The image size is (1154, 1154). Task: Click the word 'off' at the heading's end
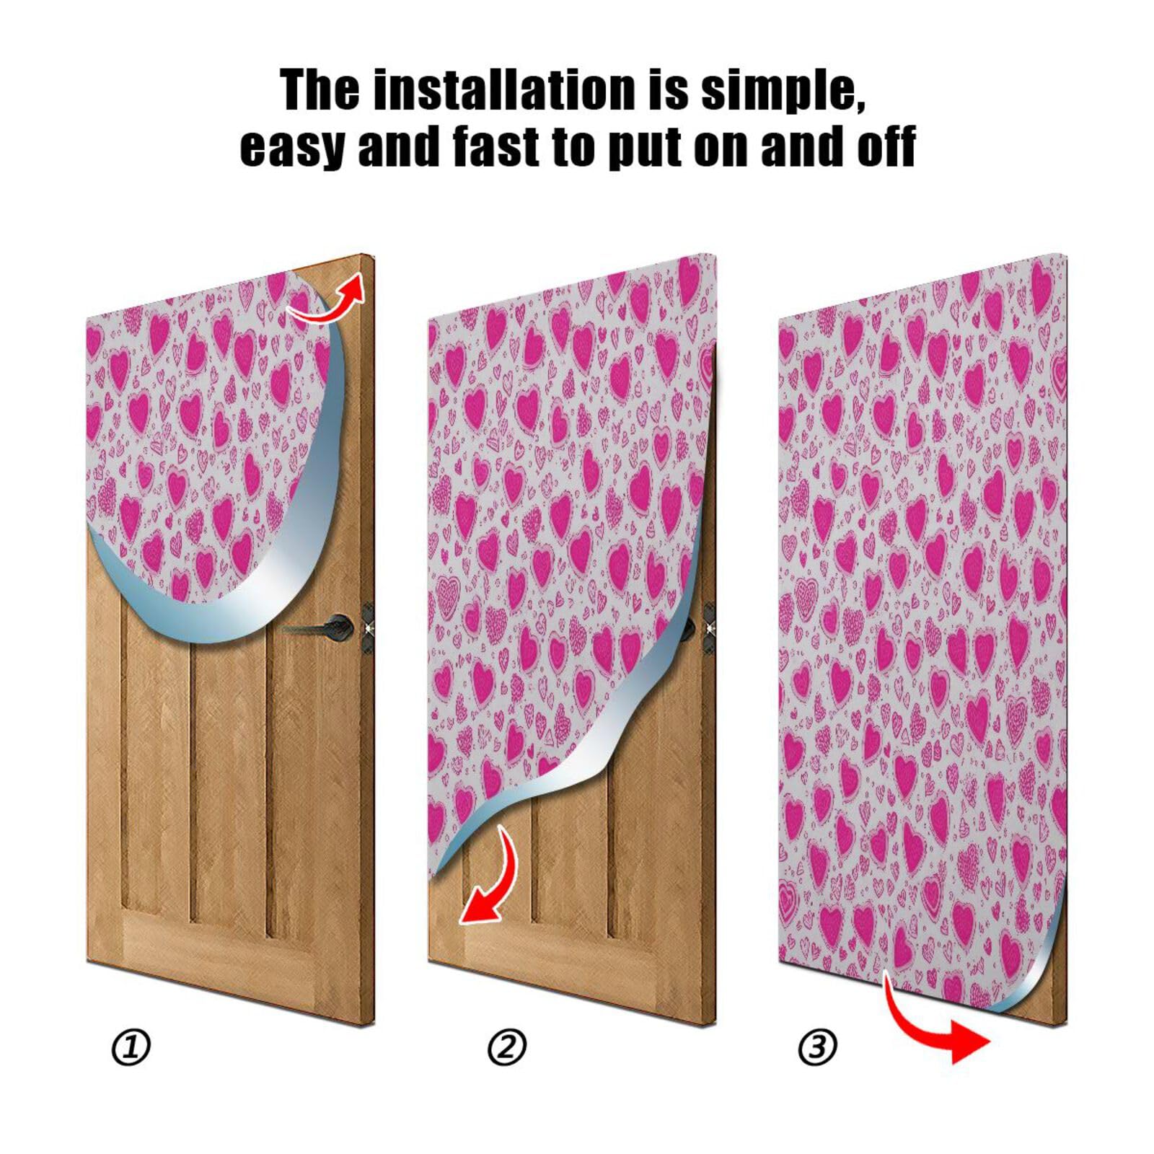(x=886, y=146)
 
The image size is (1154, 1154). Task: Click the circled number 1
(x=131, y=1047)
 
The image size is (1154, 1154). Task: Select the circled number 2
(x=507, y=1047)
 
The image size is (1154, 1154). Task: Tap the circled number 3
(x=817, y=1047)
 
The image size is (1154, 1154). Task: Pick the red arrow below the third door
(x=938, y=1024)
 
